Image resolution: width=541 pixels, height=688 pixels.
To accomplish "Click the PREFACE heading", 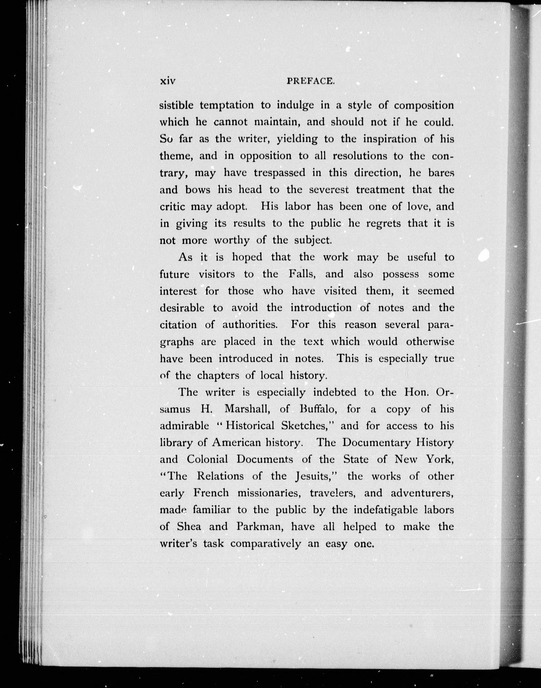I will coord(310,81).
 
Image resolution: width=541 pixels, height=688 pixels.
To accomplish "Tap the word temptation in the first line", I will coord(226,105).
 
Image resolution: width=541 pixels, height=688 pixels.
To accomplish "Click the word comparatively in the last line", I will coord(265,544).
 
